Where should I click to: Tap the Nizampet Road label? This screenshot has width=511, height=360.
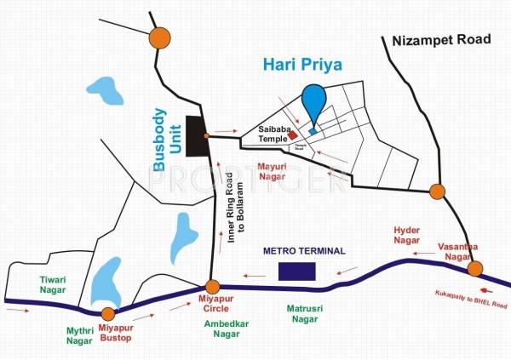click(441, 39)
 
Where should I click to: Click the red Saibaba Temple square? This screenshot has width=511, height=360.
click(293, 134)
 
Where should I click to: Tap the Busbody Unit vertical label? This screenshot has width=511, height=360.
click(168, 135)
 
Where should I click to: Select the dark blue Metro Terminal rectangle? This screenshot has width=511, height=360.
click(297, 271)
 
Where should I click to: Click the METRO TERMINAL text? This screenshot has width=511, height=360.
click(304, 251)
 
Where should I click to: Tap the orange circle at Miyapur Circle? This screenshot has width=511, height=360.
click(213, 287)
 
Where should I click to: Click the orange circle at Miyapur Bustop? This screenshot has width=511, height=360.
click(107, 314)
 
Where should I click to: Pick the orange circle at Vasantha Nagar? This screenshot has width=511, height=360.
click(475, 269)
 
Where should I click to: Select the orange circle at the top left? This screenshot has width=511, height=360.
click(158, 37)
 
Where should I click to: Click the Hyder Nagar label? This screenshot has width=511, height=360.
click(406, 236)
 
